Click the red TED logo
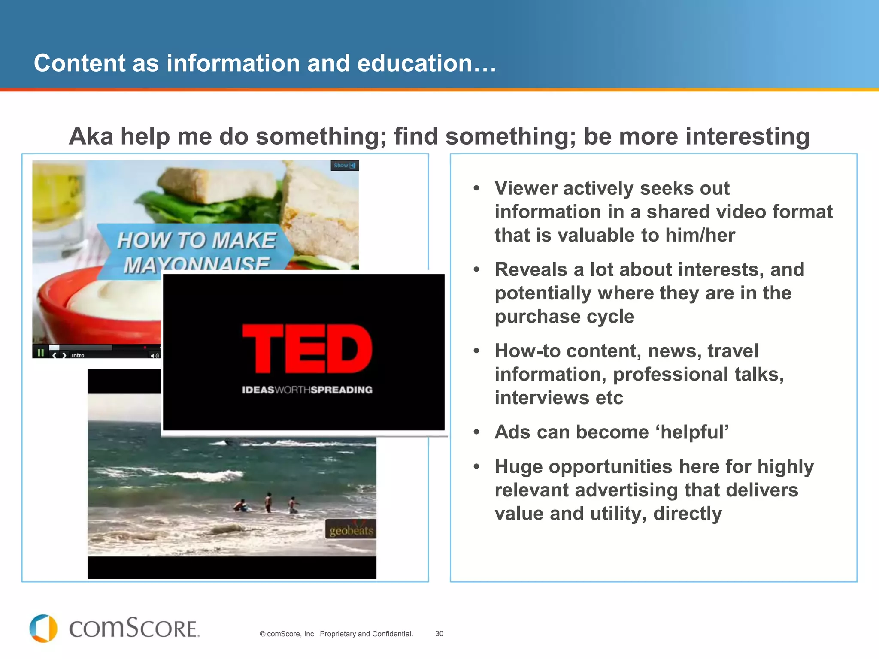[307, 348]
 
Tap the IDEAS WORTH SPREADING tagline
[307, 390]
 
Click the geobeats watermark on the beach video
[351, 531]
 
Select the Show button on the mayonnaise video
[344, 166]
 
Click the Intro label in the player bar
[78, 355]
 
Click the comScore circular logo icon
[43, 629]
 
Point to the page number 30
[439, 634]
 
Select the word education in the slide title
[415, 63]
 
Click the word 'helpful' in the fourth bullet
[692, 432]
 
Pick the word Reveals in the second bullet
[531, 269]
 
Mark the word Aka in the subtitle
[91, 136]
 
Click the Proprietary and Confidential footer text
[366, 634]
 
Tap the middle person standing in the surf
[268, 502]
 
